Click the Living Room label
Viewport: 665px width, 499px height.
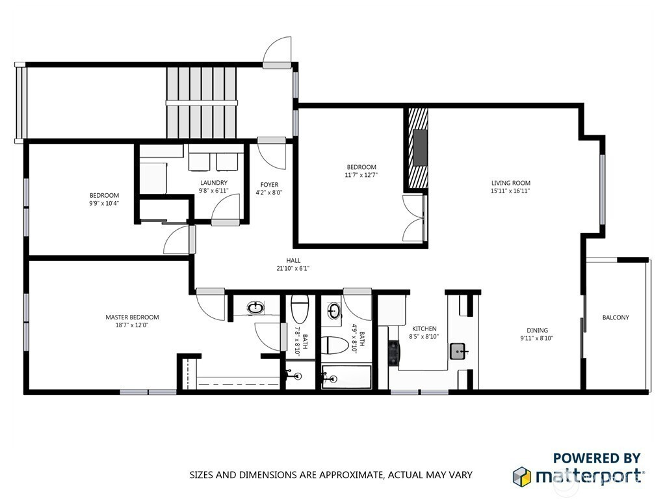(511, 183)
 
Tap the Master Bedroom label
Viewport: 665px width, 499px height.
(133, 317)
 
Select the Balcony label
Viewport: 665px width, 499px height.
(616, 317)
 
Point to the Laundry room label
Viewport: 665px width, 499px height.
(214, 183)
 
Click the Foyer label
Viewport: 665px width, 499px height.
(269, 185)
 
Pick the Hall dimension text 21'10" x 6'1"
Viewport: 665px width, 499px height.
(293, 268)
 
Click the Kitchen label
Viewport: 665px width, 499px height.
(424, 329)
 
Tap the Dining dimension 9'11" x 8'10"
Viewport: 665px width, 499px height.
(537, 338)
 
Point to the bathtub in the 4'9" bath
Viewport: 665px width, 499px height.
(346, 377)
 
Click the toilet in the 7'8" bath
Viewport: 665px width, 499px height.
(300, 308)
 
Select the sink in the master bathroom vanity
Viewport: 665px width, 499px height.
(255, 308)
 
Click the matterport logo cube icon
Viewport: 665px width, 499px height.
(521, 476)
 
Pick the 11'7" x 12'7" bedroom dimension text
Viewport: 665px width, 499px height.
(361, 175)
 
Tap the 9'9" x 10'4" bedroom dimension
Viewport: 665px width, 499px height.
(104, 203)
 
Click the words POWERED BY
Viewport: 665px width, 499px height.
(597, 458)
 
